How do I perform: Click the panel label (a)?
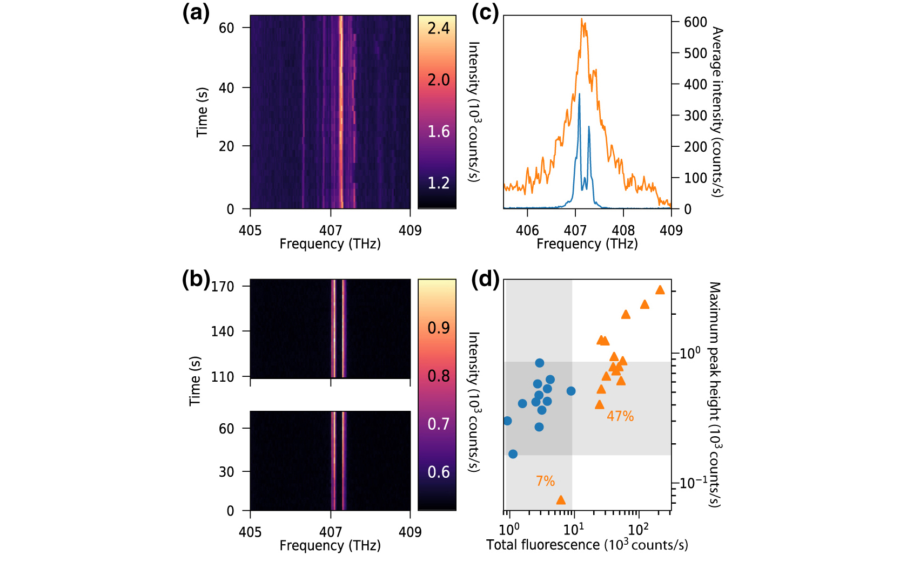(x=196, y=12)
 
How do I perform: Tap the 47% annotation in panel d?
(x=620, y=416)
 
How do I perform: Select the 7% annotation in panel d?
(x=545, y=481)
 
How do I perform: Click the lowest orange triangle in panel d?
(x=561, y=500)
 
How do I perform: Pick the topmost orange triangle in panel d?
(x=660, y=290)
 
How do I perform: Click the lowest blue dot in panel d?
(x=513, y=454)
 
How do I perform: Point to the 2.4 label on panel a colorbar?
(x=438, y=28)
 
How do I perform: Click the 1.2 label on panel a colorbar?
(x=438, y=183)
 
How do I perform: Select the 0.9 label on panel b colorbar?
(x=438, y=328)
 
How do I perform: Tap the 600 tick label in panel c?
(x=695, y=22)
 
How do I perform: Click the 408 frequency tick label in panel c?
(x=623, y=231)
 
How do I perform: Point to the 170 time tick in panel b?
(x=223, y=286)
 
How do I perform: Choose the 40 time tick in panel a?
(x=226, y=87)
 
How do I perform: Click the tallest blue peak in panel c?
(x=579, y=94)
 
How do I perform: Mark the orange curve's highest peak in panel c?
(x=582, y=19)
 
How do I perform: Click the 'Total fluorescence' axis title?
(x=587, y=545)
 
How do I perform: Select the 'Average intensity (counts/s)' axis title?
(x=717, y=112)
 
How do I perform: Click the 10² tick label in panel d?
(x=639, y=527)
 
